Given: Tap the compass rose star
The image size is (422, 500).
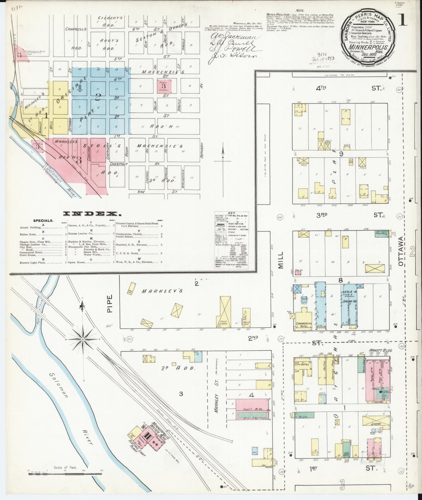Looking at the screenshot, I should pos(83,340).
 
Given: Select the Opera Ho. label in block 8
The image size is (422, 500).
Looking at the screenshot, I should pos(348,301).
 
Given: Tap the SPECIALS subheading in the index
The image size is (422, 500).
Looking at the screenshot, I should pos(43,221).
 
